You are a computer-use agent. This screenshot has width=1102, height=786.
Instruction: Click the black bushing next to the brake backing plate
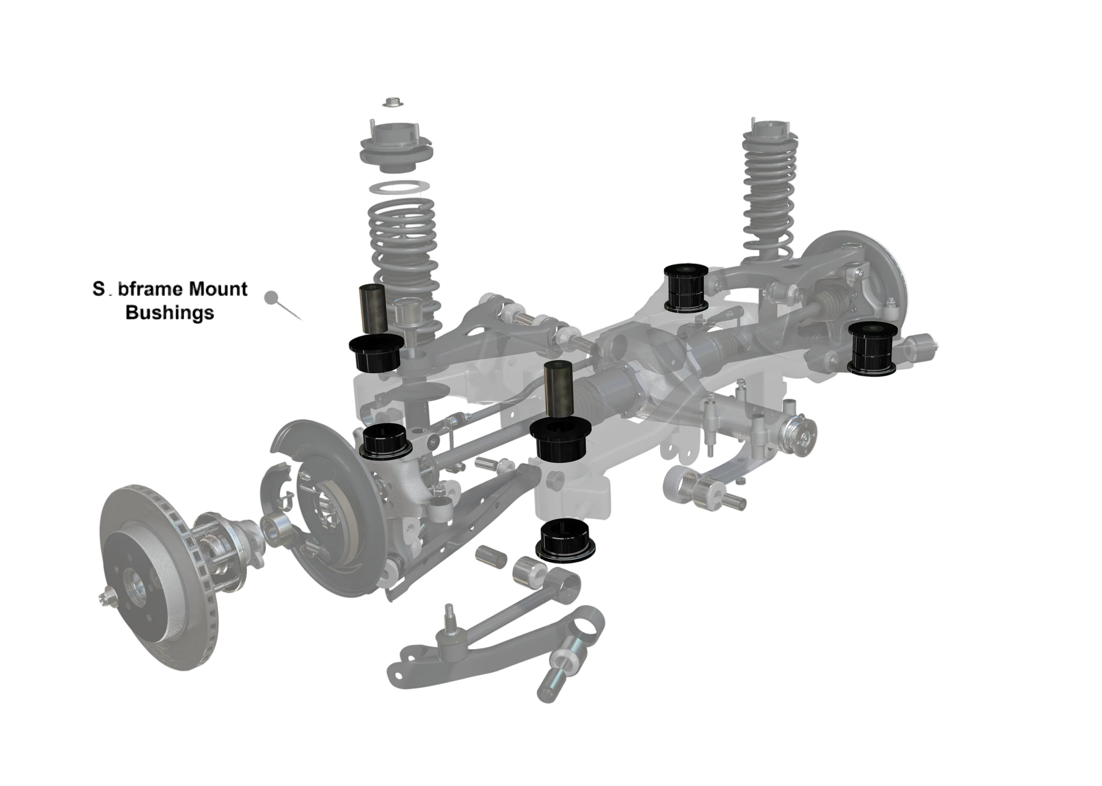tap(387, 439)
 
